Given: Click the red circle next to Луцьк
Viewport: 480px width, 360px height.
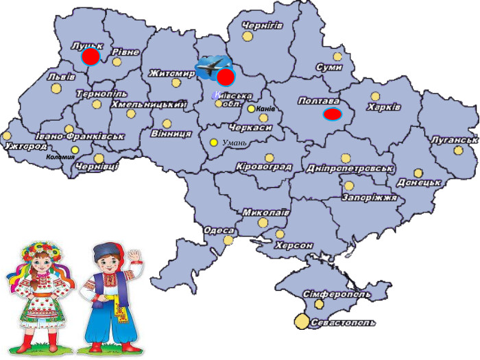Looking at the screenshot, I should [x=91, y=56].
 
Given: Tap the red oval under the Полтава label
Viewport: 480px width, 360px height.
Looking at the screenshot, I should [x=333, y=114].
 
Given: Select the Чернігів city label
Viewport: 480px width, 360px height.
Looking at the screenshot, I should [x=262, y=25].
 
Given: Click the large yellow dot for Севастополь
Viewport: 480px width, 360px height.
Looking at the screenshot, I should [x=302, y=321].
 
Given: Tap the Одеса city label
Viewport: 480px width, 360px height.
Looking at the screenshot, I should [x=218, y=230].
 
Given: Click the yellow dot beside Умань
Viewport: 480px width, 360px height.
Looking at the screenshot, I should [x=213, y=142].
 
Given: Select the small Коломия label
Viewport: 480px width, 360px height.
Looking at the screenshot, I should [x=60, y=157].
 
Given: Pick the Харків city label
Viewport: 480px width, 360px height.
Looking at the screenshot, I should [x=383, y=107].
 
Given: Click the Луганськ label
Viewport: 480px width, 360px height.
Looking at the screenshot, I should [x=454, y=140].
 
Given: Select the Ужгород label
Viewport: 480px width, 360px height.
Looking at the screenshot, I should [x=25, y=146].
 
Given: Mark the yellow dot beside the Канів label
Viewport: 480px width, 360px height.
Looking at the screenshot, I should [x=252, y=108].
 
